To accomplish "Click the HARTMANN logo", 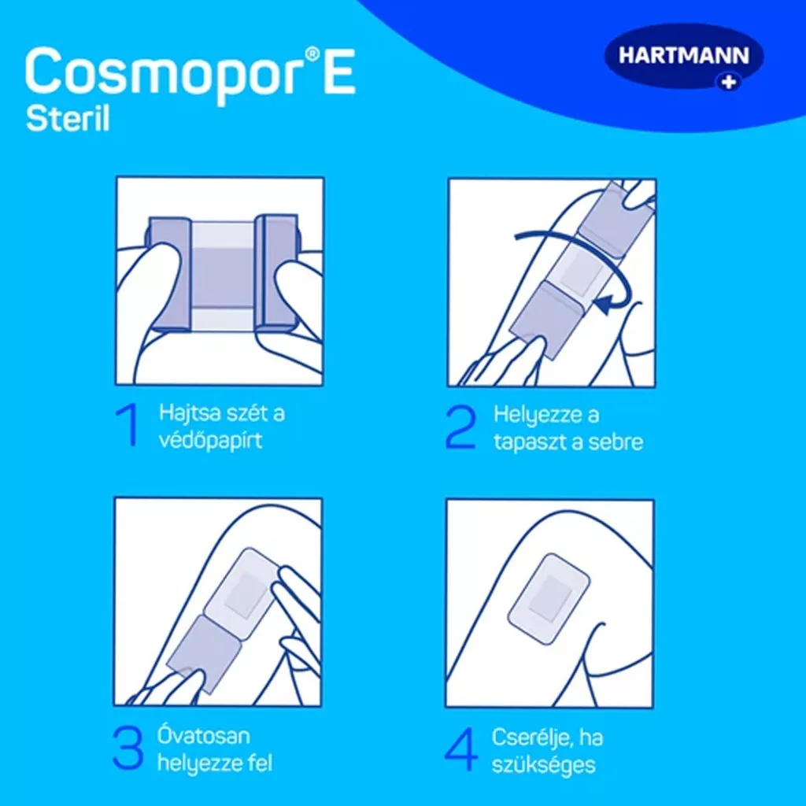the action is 684,57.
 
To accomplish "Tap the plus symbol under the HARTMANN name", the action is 729,81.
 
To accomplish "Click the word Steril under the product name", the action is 68,119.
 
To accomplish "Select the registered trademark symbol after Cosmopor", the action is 312,53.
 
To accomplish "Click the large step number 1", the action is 128,424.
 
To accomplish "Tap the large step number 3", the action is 128,748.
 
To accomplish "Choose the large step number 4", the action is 461,749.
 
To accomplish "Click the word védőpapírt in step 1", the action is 211,441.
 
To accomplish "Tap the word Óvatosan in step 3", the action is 204,736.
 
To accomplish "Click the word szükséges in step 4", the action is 543,765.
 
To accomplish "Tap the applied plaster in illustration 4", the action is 549,598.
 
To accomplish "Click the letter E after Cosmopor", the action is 338,70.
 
